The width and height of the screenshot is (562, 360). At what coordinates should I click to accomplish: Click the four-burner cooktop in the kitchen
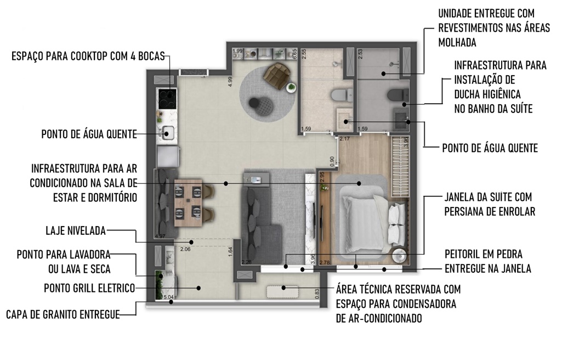coord(167,99)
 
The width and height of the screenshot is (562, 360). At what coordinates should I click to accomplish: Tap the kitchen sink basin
coord(168,133)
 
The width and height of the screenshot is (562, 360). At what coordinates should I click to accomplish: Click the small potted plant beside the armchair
coord(292,87)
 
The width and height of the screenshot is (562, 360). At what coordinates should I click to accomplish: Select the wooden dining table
coord(188,203)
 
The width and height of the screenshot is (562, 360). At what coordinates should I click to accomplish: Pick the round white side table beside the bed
coord(399,256)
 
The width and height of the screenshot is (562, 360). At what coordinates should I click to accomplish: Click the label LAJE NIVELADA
coord(76,230)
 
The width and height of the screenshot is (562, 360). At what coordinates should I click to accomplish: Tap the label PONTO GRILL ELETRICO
coord(89,288)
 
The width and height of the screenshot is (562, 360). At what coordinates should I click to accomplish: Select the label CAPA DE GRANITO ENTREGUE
coord(63,314)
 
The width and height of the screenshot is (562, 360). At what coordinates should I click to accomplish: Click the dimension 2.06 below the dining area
coord(185,249)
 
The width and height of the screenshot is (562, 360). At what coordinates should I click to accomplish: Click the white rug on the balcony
coord(282,291)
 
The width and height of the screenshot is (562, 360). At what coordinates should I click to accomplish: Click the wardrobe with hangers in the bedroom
coord(400,167)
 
